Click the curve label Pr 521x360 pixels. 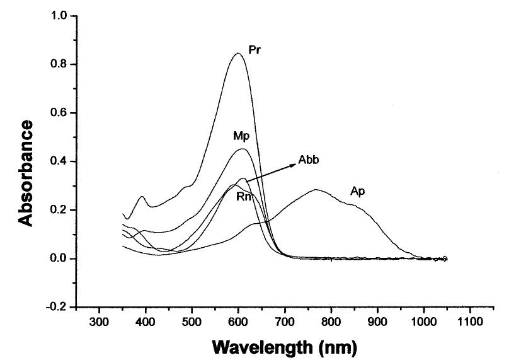click(255, 49)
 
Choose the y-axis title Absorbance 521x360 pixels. click(26, 172)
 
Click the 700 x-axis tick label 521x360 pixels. click(285, 322)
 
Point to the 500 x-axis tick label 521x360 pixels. click(192, 322)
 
